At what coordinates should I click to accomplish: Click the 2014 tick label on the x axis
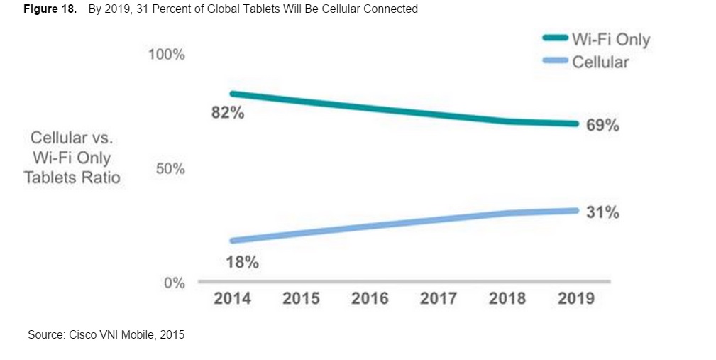click(232, 298)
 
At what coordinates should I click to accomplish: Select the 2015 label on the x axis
click(301, 298)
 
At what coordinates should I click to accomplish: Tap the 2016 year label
click(370, 298)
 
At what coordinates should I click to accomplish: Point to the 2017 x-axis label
click(438, 298)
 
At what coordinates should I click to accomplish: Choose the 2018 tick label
click(507, 298)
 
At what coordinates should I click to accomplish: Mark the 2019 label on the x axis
click(575, 298)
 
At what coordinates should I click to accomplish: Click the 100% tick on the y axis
click(166, 55)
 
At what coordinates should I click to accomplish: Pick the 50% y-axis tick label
click(170, 169)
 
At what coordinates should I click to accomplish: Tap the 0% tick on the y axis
click(173, 283)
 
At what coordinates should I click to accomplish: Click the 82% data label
click(228, 113)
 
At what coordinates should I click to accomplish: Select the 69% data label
click(603, 126)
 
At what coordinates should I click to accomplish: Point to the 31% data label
click(603, 212)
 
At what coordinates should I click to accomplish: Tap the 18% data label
click(242, 262)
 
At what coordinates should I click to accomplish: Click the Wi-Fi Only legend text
click(611, 39)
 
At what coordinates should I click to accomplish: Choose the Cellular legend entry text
click(600, 62)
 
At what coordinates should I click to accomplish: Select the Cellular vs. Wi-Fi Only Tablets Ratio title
click(72, 158)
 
